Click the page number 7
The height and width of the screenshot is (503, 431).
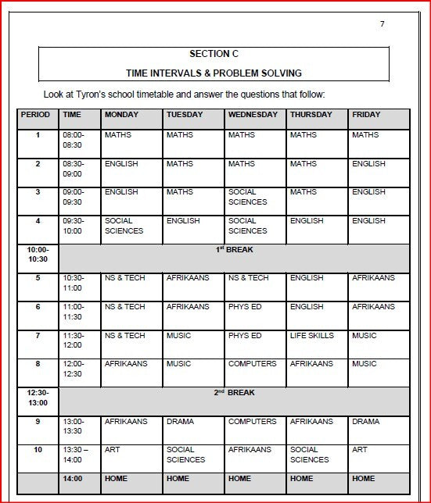[382, 24]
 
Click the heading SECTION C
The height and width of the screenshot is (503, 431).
[214, 54]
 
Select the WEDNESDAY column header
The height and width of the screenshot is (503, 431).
[253, 115]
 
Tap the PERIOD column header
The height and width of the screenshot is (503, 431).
[35, 115]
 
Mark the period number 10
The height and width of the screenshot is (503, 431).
[38, 450]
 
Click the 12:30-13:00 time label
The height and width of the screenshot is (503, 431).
[38, 398]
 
